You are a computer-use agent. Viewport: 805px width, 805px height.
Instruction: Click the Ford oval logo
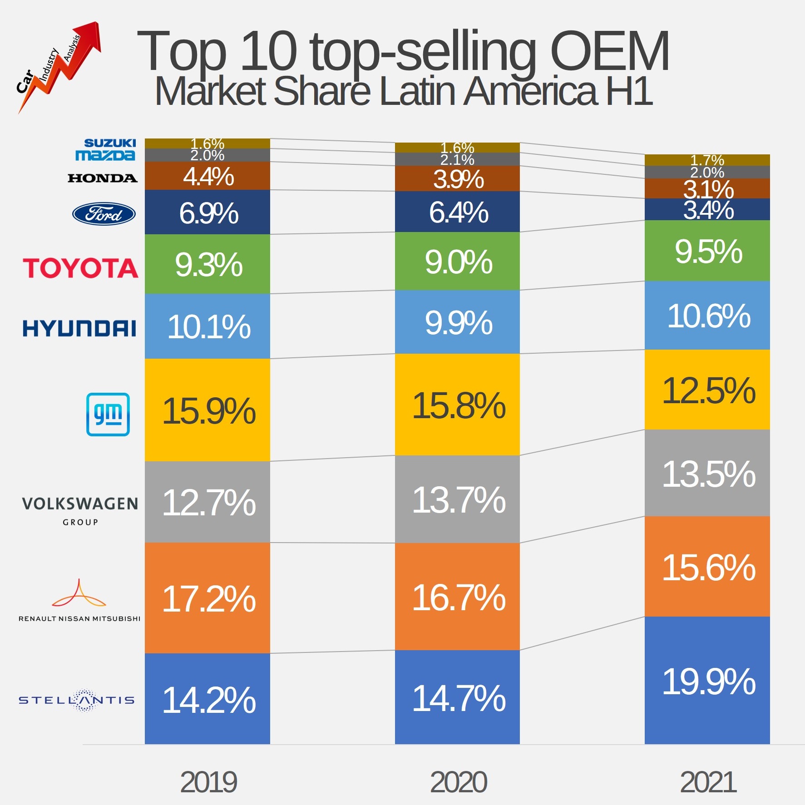pos(104,213)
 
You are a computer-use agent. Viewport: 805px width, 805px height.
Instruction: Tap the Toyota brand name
pos(80,268)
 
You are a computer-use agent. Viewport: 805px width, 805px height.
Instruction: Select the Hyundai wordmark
pos(79,328)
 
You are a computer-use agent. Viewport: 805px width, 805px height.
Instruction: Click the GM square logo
pos(108,414)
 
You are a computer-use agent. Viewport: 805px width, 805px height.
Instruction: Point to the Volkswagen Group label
pos(80,509)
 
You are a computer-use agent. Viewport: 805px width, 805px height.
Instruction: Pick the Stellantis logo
pos(77,700)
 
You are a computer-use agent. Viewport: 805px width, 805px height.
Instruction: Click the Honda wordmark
pos(103,178)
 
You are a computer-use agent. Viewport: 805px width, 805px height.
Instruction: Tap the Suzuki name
pos(110,143)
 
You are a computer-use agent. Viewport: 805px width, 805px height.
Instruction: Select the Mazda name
pos(105,155)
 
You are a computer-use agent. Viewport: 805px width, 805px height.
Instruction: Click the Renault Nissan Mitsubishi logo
pos(79,599)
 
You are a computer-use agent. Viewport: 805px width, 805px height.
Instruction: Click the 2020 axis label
pos(458,782)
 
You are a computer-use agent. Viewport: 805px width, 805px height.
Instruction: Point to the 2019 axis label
pos(208,782)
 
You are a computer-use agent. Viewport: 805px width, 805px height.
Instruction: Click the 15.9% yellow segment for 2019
pos(207,410)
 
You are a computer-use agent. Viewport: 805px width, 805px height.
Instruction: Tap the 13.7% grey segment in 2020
pos(457,499)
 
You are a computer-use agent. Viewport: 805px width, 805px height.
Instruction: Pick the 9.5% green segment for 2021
pos(707,251)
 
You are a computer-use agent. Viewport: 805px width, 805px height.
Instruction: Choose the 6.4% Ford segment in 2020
pos(457,212)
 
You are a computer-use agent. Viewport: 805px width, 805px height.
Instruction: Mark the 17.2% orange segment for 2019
pos(207,598)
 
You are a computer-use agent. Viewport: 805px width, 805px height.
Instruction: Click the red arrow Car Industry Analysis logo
pos(58,66)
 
